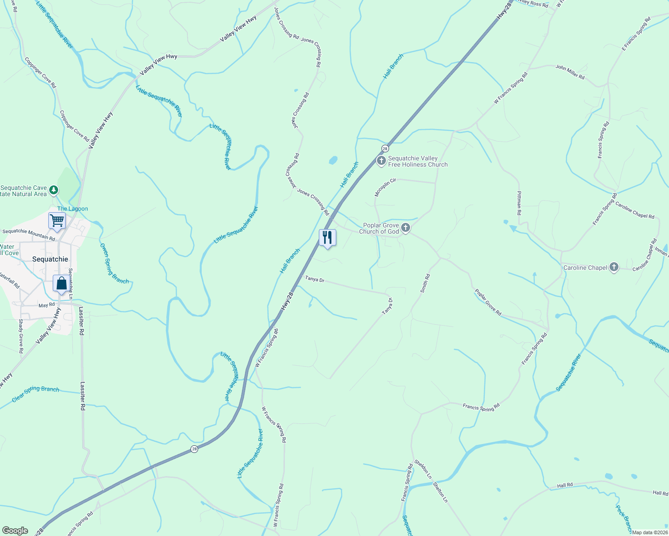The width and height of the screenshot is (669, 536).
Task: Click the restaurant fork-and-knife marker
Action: point(327,237)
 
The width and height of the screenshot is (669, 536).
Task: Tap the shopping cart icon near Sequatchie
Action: point(57,220)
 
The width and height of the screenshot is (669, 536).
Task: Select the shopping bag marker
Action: point(61,283)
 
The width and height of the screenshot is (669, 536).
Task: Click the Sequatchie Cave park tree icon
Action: point(54,191)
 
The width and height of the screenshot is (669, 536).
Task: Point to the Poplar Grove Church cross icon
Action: point(405,228)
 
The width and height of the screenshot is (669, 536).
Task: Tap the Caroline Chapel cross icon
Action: point(614,268)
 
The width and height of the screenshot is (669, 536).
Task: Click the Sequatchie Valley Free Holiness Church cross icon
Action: point(381,161)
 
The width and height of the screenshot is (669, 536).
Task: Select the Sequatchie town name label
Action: point(50,259)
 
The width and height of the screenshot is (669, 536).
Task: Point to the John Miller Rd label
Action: point(570,72)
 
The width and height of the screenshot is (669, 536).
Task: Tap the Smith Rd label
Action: point(425,283)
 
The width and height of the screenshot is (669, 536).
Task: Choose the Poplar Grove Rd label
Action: point(488,303)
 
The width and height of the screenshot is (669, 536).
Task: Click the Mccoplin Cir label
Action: point(385,187)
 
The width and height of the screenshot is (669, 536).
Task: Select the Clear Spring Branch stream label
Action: point(35,393)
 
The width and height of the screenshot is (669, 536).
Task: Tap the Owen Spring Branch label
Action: point(114,264)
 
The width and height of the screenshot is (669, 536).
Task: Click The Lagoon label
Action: point(72,209)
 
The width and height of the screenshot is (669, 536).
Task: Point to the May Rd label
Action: point(47,305)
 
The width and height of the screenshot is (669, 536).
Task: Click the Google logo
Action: point(15,531)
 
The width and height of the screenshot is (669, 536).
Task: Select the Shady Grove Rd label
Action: point(21,336)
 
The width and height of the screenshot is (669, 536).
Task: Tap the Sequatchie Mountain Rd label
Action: point(29,234)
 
